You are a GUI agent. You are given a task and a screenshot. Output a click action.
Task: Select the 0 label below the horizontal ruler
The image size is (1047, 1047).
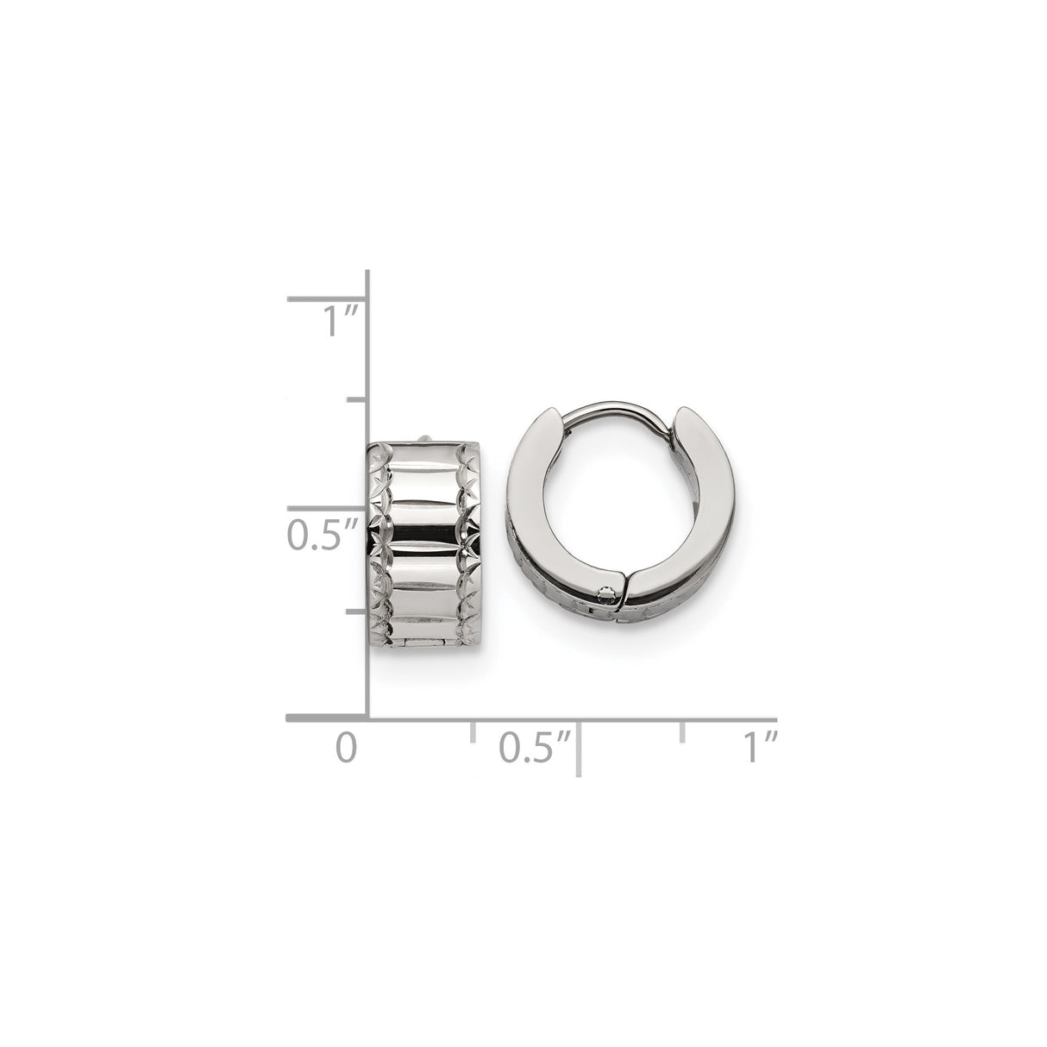click(346, 747)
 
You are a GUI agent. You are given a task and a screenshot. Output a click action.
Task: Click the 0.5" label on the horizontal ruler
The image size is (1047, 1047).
click(536, 747)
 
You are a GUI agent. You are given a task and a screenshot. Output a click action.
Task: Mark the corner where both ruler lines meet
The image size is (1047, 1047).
click(369, 718)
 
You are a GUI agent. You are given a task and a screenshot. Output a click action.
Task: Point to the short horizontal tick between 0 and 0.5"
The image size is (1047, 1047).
click(473, 732)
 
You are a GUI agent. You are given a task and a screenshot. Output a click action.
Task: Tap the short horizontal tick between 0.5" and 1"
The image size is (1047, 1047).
click(683, 732)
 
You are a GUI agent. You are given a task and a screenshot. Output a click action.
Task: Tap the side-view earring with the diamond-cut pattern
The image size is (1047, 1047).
click(424, 552)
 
